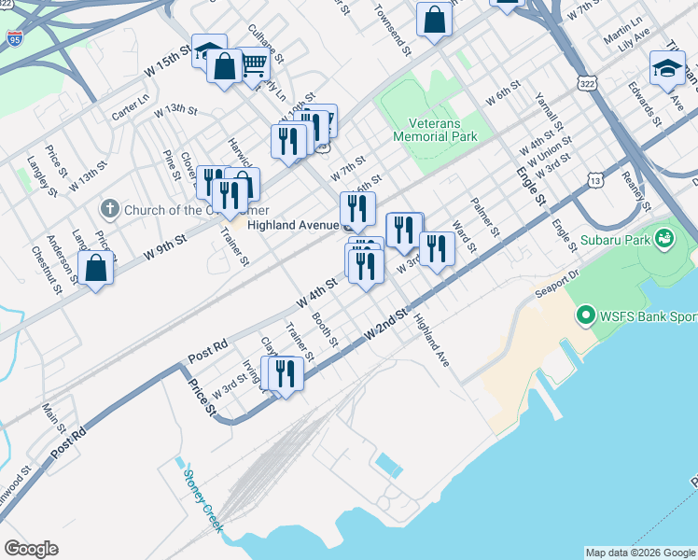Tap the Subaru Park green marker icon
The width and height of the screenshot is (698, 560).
pyautogui.click(x=664, y=239)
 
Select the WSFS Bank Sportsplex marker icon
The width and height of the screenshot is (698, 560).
pyautogui.click(x=585, y=315)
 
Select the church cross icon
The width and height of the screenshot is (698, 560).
pyautogui.click(x=110, y=208)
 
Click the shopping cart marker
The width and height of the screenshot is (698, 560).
pyautogui.click(x=253, y=63)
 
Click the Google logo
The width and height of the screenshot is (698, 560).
pyautogui.click(x=32, y=548)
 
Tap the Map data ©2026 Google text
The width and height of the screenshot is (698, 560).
pyautogui.click(x=639, y=553)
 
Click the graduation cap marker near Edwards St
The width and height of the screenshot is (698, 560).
pyautogui.click(x=667, y=68)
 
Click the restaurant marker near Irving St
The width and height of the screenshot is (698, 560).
pyautogui.click(x=286, y=372)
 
